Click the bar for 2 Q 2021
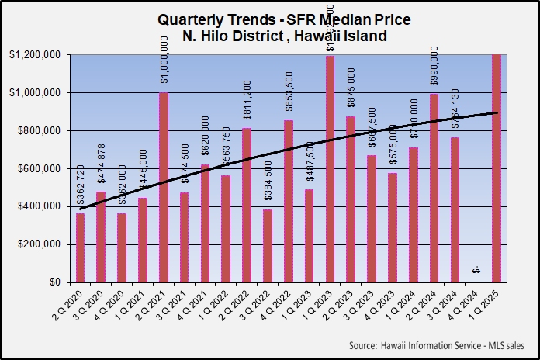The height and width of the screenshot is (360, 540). coord(164,187)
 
